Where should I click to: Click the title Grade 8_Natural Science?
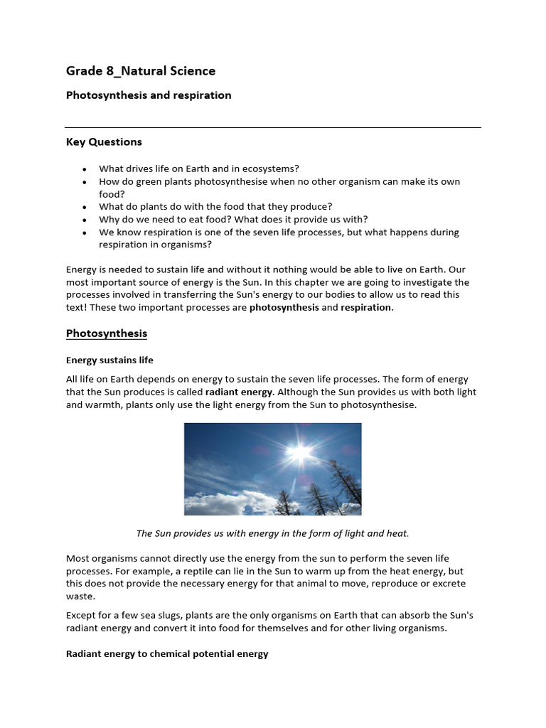141,71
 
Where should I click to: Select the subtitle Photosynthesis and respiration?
149,95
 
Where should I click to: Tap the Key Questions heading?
104,142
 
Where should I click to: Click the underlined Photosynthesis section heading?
107,333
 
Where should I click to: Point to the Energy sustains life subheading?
109,360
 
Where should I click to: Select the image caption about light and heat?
273,533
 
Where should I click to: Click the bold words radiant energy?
239,392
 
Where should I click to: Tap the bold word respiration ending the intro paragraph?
365,308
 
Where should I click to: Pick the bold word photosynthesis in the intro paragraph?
284,308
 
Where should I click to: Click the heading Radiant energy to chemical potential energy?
167,654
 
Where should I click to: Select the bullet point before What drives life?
85,169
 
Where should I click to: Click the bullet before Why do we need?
85,220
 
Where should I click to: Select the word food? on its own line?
112,194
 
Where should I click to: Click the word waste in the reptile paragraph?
80,597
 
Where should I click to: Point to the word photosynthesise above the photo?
378,405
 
